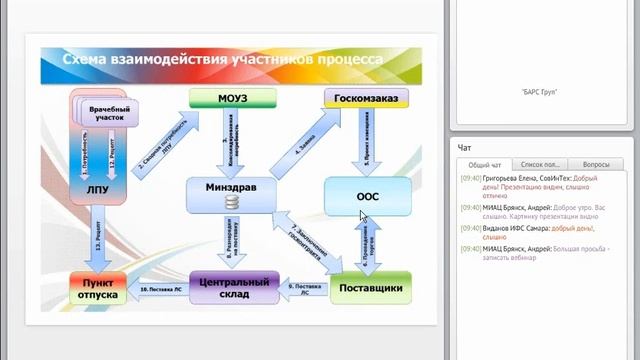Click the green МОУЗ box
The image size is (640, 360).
click(x=225, y=98)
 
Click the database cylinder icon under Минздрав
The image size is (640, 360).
click(x=231, y=203)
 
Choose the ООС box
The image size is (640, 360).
click(x=368, y=196)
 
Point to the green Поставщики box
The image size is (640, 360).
click(x=371, y=288)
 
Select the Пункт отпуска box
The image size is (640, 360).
click(x=97, y=288)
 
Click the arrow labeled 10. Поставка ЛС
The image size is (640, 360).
click(x=160, y=289)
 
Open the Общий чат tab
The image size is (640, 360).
click(x=485, y=163)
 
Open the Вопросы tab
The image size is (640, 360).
click(x=595, y=163)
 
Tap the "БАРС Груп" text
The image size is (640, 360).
click(x=540, y=92)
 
